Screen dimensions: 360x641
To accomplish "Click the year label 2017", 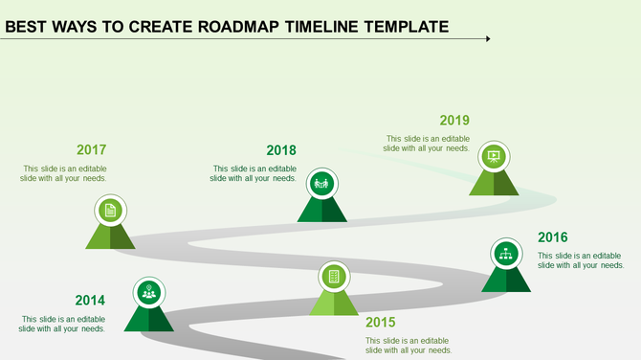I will [91, 149].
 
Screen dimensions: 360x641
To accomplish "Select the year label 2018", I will [281, 150].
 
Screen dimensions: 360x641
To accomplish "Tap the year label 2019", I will [454, 121].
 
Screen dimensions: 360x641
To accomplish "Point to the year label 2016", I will [553, 237].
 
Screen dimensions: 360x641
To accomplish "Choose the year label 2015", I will [380, 323].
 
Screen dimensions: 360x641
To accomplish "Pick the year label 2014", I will [90, 301].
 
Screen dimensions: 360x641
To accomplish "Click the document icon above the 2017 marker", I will [111, 210].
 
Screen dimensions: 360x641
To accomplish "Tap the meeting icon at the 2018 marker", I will [321, 182].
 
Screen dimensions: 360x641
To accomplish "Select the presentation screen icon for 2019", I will [494, 156].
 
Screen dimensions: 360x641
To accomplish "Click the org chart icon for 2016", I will [506, 253].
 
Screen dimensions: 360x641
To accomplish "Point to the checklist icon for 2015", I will [334, 277].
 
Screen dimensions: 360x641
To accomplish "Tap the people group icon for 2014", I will [148, 292].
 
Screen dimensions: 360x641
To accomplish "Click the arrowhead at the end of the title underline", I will [487, 39].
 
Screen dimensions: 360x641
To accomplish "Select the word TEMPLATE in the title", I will [406, 26].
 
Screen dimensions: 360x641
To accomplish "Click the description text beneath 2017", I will [65, 173].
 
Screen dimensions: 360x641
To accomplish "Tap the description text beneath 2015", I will [408, 345].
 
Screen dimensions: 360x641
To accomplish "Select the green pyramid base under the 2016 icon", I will [506, 280].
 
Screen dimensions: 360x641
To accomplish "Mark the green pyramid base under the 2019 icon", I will [494, 183].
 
